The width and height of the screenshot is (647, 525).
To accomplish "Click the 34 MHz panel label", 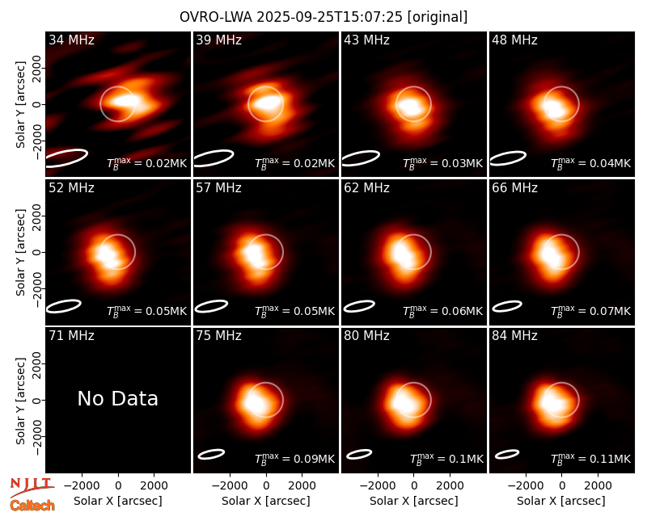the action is coord(71,40).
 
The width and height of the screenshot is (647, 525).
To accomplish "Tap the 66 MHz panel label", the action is coord(514,188).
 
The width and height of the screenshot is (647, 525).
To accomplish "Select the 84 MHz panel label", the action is coord(514,336).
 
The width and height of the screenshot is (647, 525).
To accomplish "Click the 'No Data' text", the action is coord(117,398).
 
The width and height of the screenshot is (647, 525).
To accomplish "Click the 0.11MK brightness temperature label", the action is coord(591,458).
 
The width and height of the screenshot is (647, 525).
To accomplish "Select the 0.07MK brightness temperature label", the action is coord(591,310).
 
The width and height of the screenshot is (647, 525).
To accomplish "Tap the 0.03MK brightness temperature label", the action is coord(442,162).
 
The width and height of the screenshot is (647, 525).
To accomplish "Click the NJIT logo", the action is coord(32,487).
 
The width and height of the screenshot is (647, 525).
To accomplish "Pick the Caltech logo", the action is coord(32,506).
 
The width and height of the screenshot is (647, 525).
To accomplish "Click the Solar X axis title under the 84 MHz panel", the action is coord(561,501).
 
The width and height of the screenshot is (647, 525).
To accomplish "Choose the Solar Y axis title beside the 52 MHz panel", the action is coord(21,252).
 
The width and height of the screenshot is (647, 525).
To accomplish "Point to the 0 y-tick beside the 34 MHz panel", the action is coord(37,104).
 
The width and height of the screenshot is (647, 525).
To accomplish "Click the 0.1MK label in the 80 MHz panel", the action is coord(447,458).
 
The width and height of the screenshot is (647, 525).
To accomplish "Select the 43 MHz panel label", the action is coord(367,40).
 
